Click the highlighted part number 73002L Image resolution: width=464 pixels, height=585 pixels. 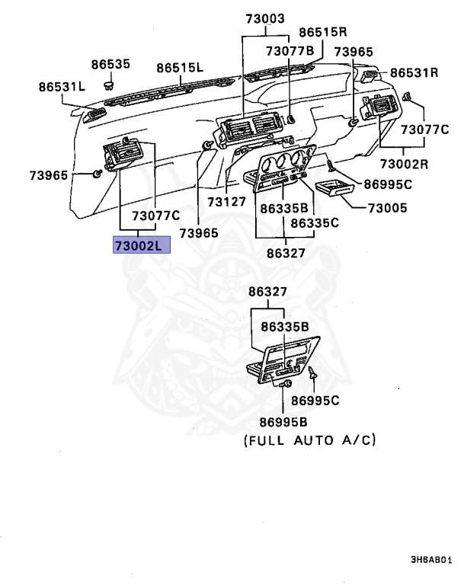[142, 245]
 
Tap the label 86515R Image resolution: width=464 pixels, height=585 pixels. [322, 32]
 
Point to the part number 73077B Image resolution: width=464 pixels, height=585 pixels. [290, 51]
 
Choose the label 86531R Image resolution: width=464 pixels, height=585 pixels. [414, 73]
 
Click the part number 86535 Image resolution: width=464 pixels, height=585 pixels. [111, 65]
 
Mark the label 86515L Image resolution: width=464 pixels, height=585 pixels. [180, 68]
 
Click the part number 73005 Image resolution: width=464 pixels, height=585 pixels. [387, 207]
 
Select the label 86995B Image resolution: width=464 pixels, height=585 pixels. [283, 422]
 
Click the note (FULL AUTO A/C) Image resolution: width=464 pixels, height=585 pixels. [310, 440]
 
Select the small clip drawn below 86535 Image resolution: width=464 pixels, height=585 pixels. [109, 82]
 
